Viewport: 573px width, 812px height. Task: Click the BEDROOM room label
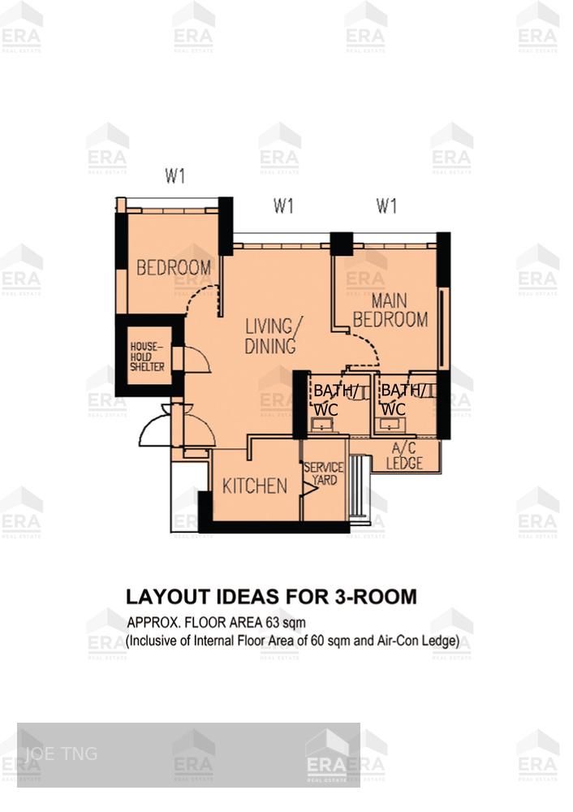pos(173,267)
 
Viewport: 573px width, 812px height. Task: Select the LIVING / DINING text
pos(273,336)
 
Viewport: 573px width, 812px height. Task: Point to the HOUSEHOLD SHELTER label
pos(148,357)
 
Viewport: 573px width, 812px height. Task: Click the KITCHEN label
pos(255,486)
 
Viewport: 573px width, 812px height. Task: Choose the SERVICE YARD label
pos(323,474)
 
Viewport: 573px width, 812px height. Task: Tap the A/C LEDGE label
pos(404,457)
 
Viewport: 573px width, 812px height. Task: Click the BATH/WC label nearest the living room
pos(335,400)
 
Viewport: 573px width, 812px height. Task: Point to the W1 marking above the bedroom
pos(175,175)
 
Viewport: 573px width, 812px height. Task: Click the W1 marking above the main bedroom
pos(386,206)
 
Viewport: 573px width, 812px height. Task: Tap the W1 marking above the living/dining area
pos(282,206)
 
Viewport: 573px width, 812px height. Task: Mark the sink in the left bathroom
pos(321,425)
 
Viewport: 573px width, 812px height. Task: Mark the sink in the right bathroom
pos(392,425)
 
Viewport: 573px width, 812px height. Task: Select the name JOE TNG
pos(61,754)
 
